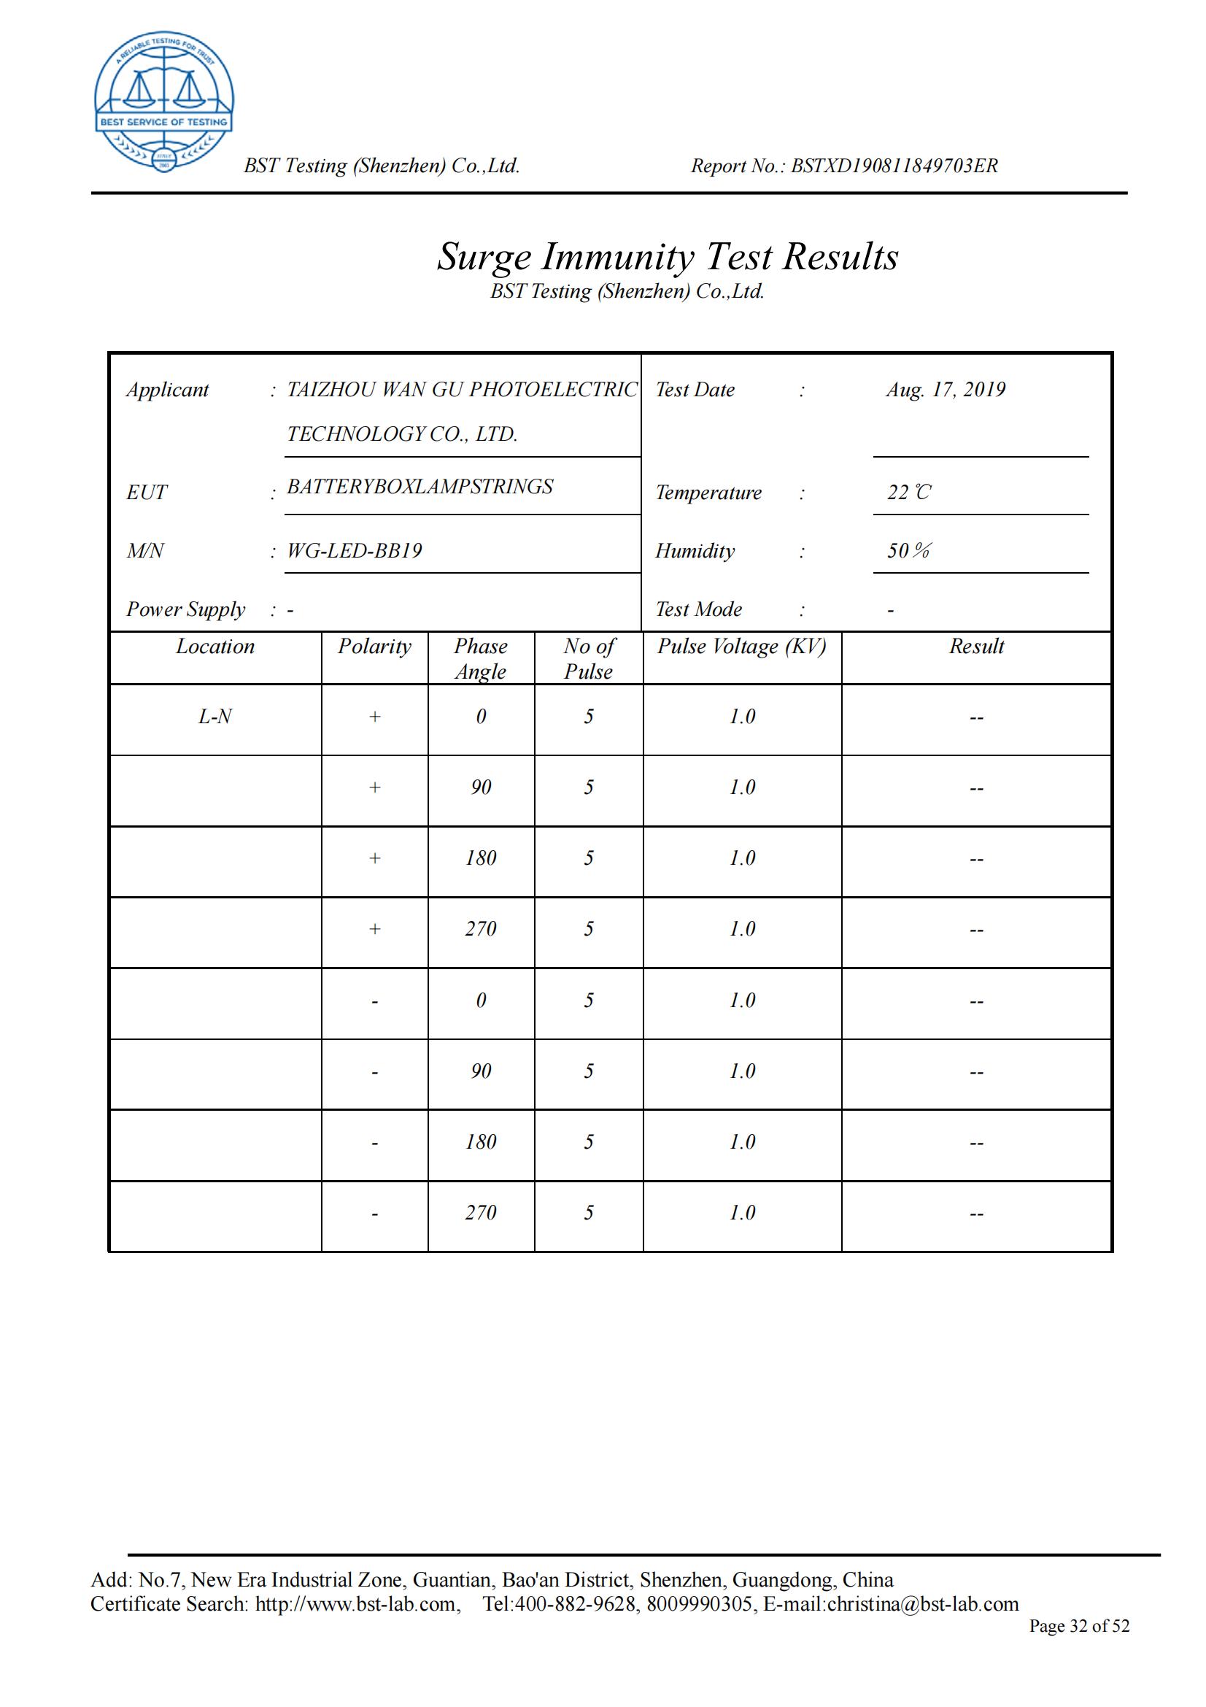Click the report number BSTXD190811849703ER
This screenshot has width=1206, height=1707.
[894, 166]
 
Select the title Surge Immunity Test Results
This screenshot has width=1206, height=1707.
[668, 257]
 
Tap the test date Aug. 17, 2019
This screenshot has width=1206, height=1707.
[946, 390]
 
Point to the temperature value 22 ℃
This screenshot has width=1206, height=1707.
[908, 492]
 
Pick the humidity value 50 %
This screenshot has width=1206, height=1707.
[908, 551]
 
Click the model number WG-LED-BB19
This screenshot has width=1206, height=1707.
[355, 551]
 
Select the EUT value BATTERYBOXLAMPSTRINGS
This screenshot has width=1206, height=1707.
[420, 487]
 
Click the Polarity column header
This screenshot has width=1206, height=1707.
[374, 647]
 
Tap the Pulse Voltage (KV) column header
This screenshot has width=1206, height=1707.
[741, 647]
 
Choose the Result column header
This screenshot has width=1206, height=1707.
[975, 647]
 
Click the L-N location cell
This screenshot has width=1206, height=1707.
[214, 717]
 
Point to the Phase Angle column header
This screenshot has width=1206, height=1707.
[481, 659]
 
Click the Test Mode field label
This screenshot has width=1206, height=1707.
[698, 609]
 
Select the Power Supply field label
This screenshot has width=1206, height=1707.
[185, 609]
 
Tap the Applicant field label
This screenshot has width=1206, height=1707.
[167, 390]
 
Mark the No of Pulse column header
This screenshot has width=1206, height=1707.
[589, 659]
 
